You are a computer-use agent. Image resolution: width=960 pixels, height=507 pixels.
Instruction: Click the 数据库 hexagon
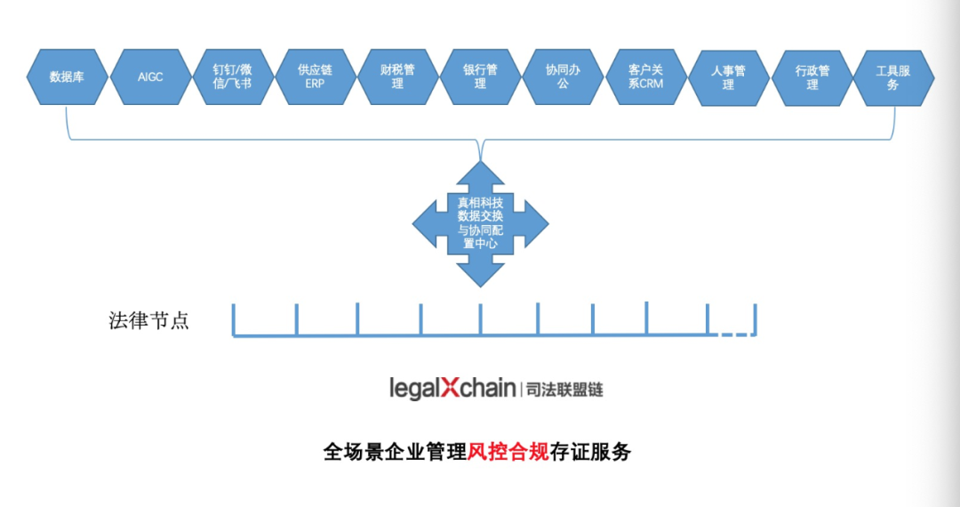click(68, 76)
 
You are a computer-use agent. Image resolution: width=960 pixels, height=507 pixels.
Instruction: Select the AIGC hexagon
click(150, 76)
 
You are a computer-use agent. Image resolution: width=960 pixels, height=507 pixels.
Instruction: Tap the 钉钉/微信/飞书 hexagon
click(233, 76)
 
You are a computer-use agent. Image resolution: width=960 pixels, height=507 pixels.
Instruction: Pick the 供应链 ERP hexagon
click(316, 76)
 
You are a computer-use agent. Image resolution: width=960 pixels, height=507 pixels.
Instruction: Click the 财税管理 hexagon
click(397, 76)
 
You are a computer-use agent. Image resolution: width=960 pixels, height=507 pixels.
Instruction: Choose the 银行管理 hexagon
click(480, 76)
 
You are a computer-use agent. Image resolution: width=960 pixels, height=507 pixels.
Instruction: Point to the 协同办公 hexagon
click(563, 76)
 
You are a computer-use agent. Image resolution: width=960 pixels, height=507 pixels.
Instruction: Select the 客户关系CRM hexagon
click(645, 76)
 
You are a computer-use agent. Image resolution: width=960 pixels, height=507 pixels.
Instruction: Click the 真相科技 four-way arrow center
click(480, 222)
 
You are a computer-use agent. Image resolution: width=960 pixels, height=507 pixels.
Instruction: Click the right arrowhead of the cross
click(534, 222)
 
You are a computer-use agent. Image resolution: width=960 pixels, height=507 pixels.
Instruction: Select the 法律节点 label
click(148, 321)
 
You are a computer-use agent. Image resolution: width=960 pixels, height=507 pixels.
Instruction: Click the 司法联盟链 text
click(564, 390)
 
